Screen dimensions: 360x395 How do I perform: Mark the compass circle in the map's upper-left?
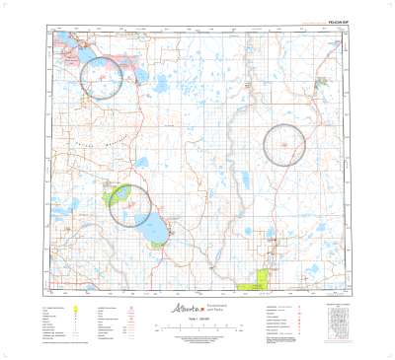pos(103,76)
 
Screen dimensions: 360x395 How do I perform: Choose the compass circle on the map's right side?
pos(287,147)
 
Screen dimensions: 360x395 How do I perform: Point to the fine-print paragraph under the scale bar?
pos(197,341)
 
